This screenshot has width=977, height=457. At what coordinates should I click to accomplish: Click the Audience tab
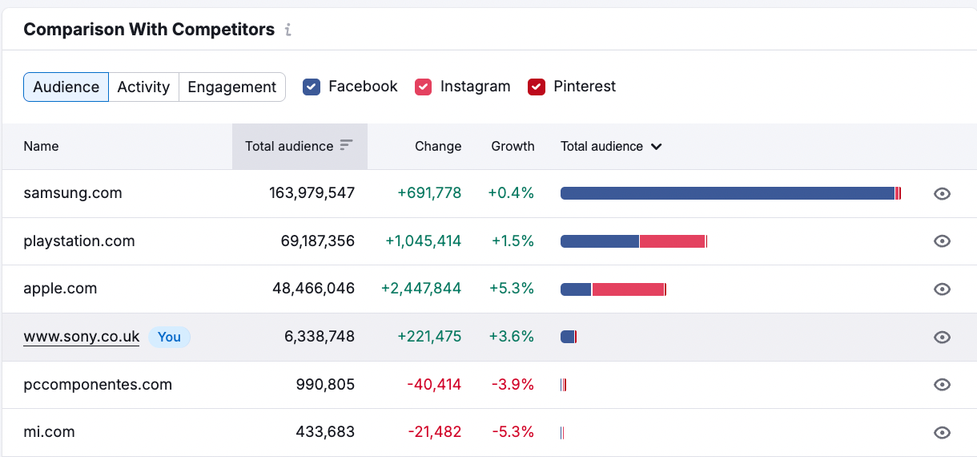[66, 87]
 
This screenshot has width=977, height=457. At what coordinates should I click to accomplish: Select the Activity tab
[143, 87]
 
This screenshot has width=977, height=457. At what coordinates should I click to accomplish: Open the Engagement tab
[232, 87]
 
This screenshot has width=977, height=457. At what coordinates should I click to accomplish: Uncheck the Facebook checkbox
[312, 87]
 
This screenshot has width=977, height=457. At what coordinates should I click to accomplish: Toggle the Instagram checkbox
[424, 87]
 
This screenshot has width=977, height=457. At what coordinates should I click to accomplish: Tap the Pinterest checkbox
[537, 87]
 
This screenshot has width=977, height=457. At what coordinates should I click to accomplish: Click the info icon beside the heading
[288, 30]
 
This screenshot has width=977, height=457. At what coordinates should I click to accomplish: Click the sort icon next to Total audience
[346, 145]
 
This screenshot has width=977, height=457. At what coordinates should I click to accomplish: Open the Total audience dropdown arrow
[657, 147]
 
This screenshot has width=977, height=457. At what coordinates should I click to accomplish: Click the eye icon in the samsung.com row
[943, 193]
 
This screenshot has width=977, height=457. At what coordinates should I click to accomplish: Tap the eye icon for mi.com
[943, 433]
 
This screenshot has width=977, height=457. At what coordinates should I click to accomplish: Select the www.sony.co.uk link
[82, 337]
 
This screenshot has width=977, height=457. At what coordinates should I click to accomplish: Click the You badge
[169, 337]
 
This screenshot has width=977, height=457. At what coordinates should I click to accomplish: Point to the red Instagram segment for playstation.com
[672, 241]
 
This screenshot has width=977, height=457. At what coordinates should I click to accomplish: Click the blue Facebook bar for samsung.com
[727, 193]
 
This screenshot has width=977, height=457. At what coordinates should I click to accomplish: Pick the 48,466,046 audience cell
[313, 289]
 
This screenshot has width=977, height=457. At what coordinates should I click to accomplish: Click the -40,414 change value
[434, 385]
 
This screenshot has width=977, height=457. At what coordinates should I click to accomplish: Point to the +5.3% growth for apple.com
[512, 289]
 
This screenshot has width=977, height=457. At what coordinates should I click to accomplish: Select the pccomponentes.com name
[98, 385]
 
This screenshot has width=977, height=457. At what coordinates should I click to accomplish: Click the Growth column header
[513, 146]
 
